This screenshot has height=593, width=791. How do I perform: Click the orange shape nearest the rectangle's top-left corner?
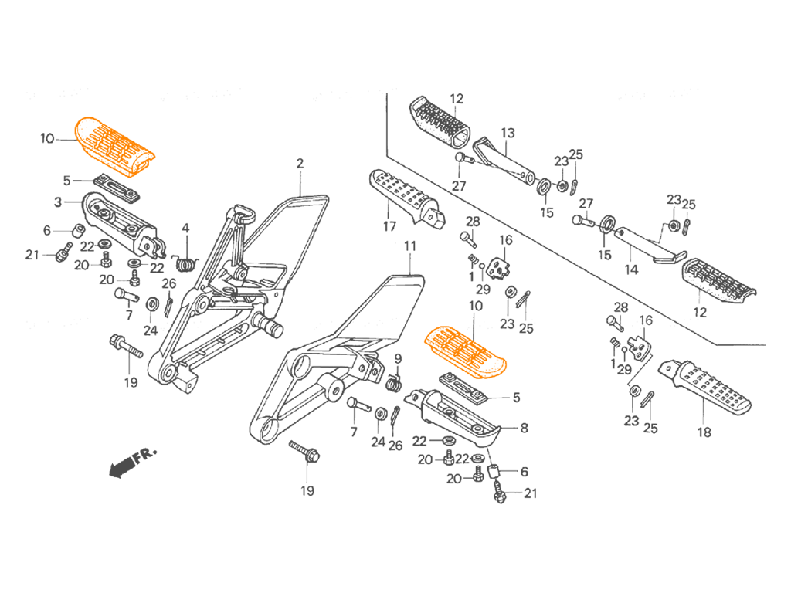(131, 143)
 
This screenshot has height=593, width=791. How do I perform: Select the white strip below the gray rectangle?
(395, 548)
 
